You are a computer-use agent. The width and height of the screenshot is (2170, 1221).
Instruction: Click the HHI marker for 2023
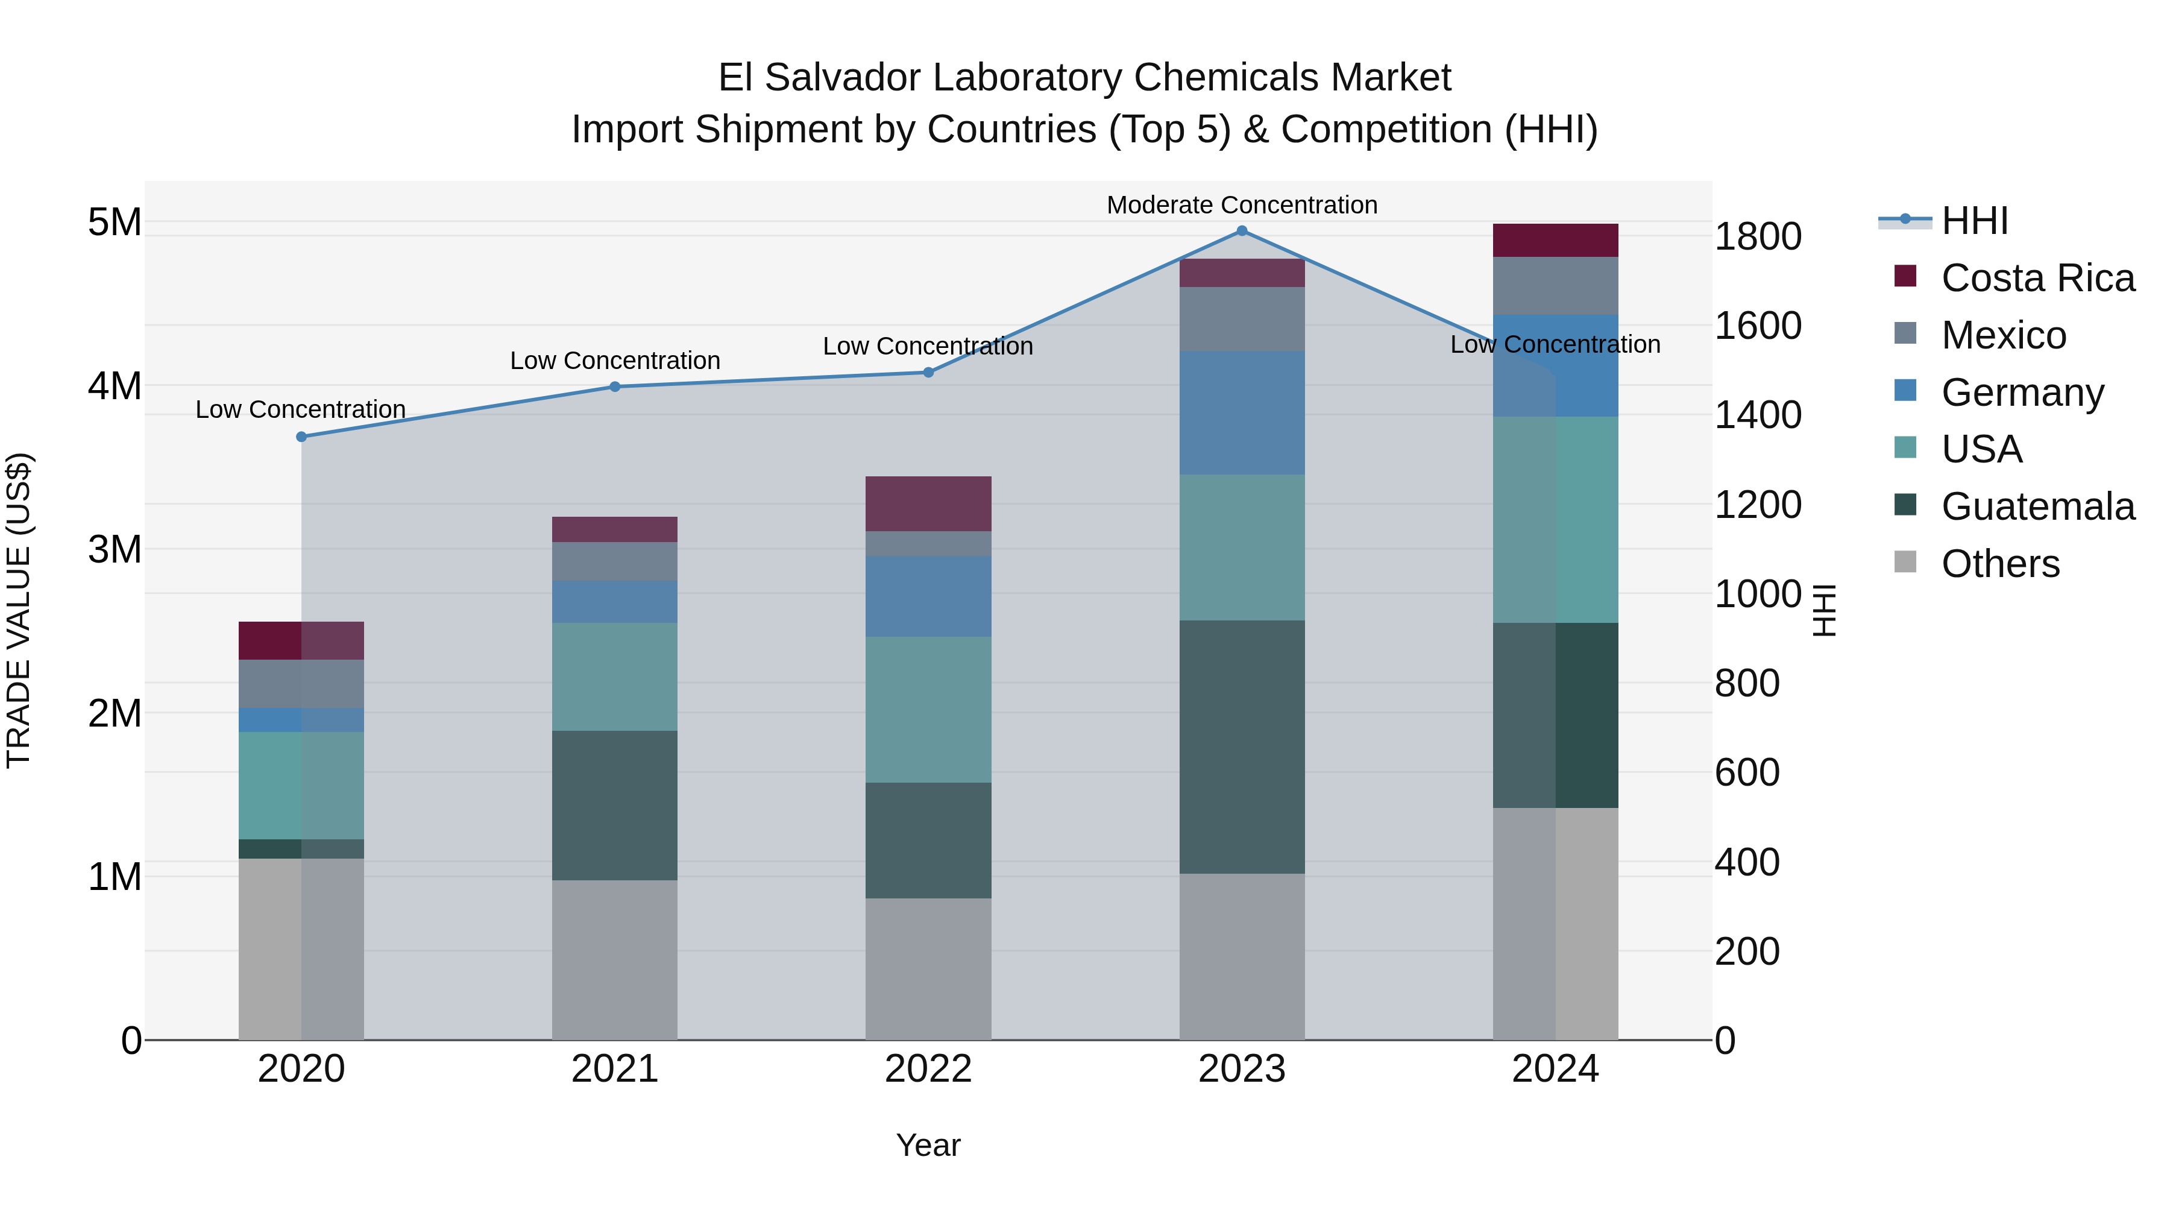[x=1242, y=231]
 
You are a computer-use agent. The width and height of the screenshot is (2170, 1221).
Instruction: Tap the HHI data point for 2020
[x=301, y=437]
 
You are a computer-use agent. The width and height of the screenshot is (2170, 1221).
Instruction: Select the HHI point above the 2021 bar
[x=615, y=386]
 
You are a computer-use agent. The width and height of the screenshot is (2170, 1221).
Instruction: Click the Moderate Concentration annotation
[x=1242, y=205]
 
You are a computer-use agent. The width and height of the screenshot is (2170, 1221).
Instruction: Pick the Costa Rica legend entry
[x=2037, y=278]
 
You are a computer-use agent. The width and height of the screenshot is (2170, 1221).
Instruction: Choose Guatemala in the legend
[x=2037, y=506]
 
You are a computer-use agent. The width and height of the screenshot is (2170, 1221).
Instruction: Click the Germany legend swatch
[x=1905, y=391]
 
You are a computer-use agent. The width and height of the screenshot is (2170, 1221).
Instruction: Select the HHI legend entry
[x=1973, y=221]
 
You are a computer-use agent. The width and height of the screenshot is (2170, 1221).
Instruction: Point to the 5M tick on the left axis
[x=115, y=222]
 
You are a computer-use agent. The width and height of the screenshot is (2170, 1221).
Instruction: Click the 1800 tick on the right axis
[x=1758, y=237]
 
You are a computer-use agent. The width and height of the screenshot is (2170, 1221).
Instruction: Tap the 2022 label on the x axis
[x=928, y=1069]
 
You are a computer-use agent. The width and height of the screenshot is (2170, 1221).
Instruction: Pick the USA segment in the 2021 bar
[x=615, y=677]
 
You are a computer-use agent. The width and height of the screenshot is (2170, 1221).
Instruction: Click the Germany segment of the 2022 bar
[x=928, y=596]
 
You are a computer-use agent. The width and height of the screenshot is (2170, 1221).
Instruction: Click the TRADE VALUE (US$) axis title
[x=19, y=610]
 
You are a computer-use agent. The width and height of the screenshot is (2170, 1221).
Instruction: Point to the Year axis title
[x=928, y=1145]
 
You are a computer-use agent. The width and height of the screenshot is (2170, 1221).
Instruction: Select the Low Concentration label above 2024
[x=1555, y=345]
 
